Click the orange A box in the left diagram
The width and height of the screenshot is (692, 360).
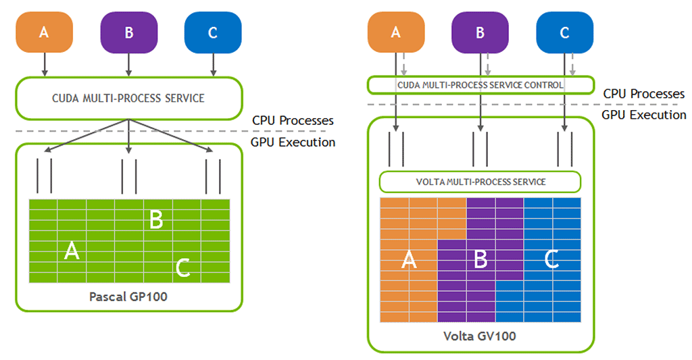[44, 32]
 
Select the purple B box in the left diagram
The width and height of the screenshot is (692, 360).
[129, 32]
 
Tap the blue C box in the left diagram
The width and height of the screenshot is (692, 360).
[213, 32]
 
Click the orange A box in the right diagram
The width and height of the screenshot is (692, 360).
[396, 32]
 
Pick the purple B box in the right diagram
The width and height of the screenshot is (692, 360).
[480, 32]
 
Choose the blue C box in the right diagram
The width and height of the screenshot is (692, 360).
[564, 32]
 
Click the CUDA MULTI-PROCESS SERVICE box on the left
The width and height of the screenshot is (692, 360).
[129, 99]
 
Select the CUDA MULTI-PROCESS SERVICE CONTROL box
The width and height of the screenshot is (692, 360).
[480, 85]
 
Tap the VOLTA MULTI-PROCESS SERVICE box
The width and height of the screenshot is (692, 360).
[480, 182]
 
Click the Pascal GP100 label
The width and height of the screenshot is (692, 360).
[128, 297]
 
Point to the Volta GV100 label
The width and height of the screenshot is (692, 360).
[480, 336]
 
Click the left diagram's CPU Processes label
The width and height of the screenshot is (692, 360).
[293, 120]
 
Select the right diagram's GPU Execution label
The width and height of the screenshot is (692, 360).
[644, 115]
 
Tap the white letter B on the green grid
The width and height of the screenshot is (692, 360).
[156, 220]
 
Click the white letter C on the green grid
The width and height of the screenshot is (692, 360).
[182, 267]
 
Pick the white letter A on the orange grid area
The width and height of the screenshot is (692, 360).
[409, 259]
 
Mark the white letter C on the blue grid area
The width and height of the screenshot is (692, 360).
[551, 259]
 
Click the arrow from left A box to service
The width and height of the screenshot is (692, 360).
[44, 64]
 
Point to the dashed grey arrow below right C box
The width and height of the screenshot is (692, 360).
[572, 64]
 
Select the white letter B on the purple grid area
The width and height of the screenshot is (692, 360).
[480, 259]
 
